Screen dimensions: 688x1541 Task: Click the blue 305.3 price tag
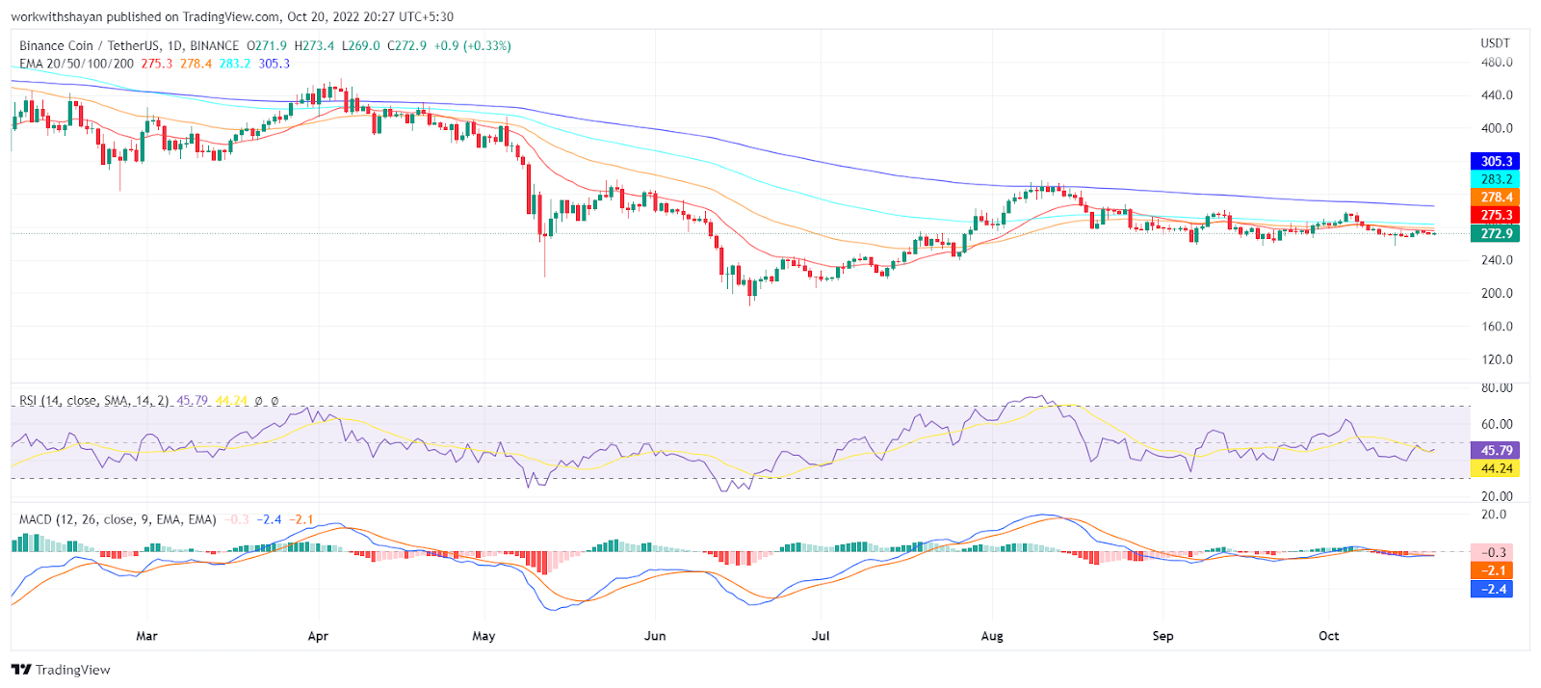tap(1496, 161)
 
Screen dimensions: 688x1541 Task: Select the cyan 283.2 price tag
tap(1496, 179)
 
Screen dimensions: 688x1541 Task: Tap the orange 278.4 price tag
tap(1496, 198)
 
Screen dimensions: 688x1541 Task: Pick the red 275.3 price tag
tap(1496, 215)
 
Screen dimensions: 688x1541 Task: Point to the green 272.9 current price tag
tap(1496, 233)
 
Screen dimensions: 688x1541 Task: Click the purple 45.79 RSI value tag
tap(1496, 450)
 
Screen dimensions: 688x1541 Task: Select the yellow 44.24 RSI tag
tap(1496, 468)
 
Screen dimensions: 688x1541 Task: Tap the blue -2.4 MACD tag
tap(1493, 589)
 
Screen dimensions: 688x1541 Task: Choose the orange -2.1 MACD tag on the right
tap(1493, 570)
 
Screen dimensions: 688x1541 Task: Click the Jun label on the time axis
tap(655, 636)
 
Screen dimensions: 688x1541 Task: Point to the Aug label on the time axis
tap(992, 636)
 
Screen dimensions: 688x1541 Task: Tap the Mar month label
tap(146, 636)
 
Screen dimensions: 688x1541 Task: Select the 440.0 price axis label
tap(1497, 95)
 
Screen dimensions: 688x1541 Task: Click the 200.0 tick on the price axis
tap(1497, 293)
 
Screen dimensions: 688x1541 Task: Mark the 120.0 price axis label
tap(1497, 359)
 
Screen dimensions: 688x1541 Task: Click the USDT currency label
tap(1495, 43)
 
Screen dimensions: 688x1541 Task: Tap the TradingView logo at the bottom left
tap(62, 670)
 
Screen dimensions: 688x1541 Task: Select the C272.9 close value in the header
tap(406, 45)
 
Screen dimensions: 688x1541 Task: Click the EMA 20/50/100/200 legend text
tap(76, 64)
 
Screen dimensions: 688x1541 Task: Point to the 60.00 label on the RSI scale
tap(1497, 424)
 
